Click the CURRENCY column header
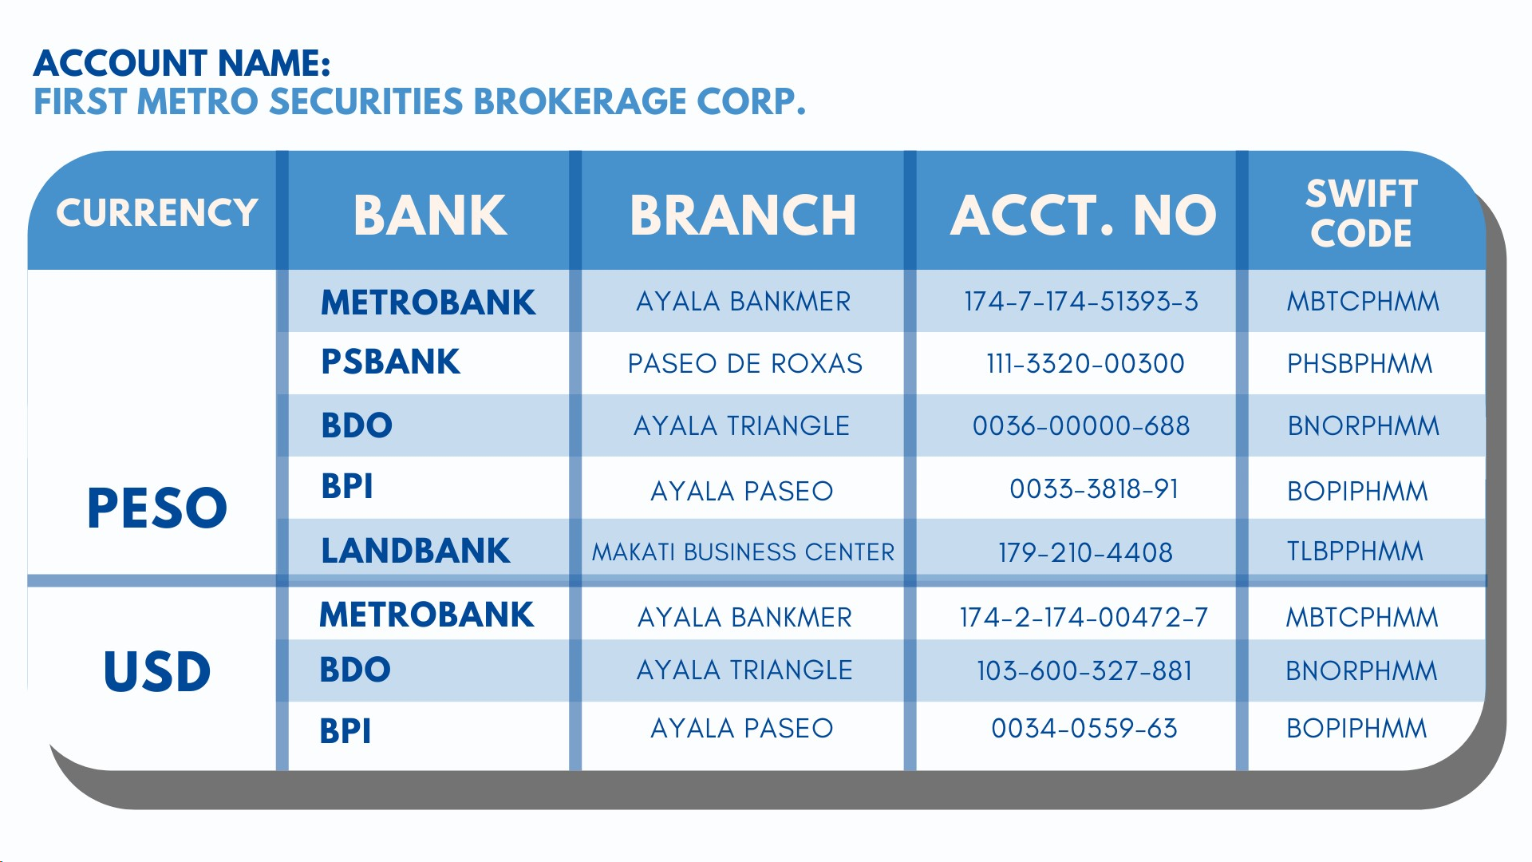point(157,213)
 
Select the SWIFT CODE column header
point(1361,213)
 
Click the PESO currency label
point(157,508)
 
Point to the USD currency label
point(157,671)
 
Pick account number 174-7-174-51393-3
point(1081,302)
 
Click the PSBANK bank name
point(390,362)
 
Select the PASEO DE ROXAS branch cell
point(744,364)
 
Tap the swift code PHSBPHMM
point(1360,364)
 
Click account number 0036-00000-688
point(1081,426)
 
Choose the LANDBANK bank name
point(415,551)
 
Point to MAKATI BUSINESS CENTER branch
point(743,552)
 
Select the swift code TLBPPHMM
point(1355,552)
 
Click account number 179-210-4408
point(1085,552)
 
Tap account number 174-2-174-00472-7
point(1084,618)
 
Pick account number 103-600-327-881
point(1084,671)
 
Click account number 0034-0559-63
point(1084,729)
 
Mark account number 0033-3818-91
point(1094,489)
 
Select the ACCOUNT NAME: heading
point(182,63)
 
